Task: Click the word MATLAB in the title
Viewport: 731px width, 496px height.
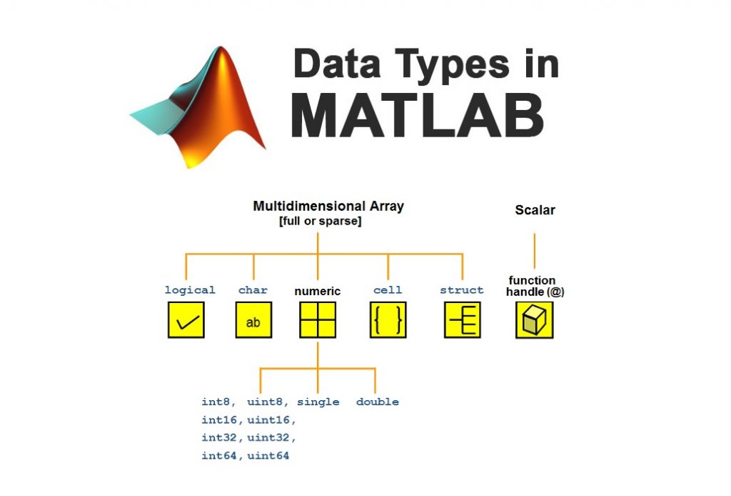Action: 418,115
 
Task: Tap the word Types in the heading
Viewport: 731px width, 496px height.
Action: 443,64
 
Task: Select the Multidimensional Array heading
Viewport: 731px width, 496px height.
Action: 328,207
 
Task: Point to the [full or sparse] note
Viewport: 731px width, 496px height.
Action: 320,222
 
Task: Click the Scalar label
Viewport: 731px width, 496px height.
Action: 535,210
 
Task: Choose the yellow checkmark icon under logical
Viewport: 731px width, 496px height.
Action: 186,320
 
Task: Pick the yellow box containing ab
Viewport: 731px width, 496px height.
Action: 253,320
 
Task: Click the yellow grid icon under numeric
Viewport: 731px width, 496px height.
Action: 318,320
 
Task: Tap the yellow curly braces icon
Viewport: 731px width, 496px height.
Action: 388,320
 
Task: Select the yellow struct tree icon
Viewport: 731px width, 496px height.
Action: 463,320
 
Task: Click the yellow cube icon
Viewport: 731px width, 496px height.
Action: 534,320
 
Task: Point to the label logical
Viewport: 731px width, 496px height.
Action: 189,290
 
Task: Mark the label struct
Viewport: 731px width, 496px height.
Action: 462,290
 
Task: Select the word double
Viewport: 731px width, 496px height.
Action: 377,402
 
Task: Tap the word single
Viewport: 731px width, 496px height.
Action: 318,402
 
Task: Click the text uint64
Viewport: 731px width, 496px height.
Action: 268,455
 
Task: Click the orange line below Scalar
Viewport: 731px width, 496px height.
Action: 535,250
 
